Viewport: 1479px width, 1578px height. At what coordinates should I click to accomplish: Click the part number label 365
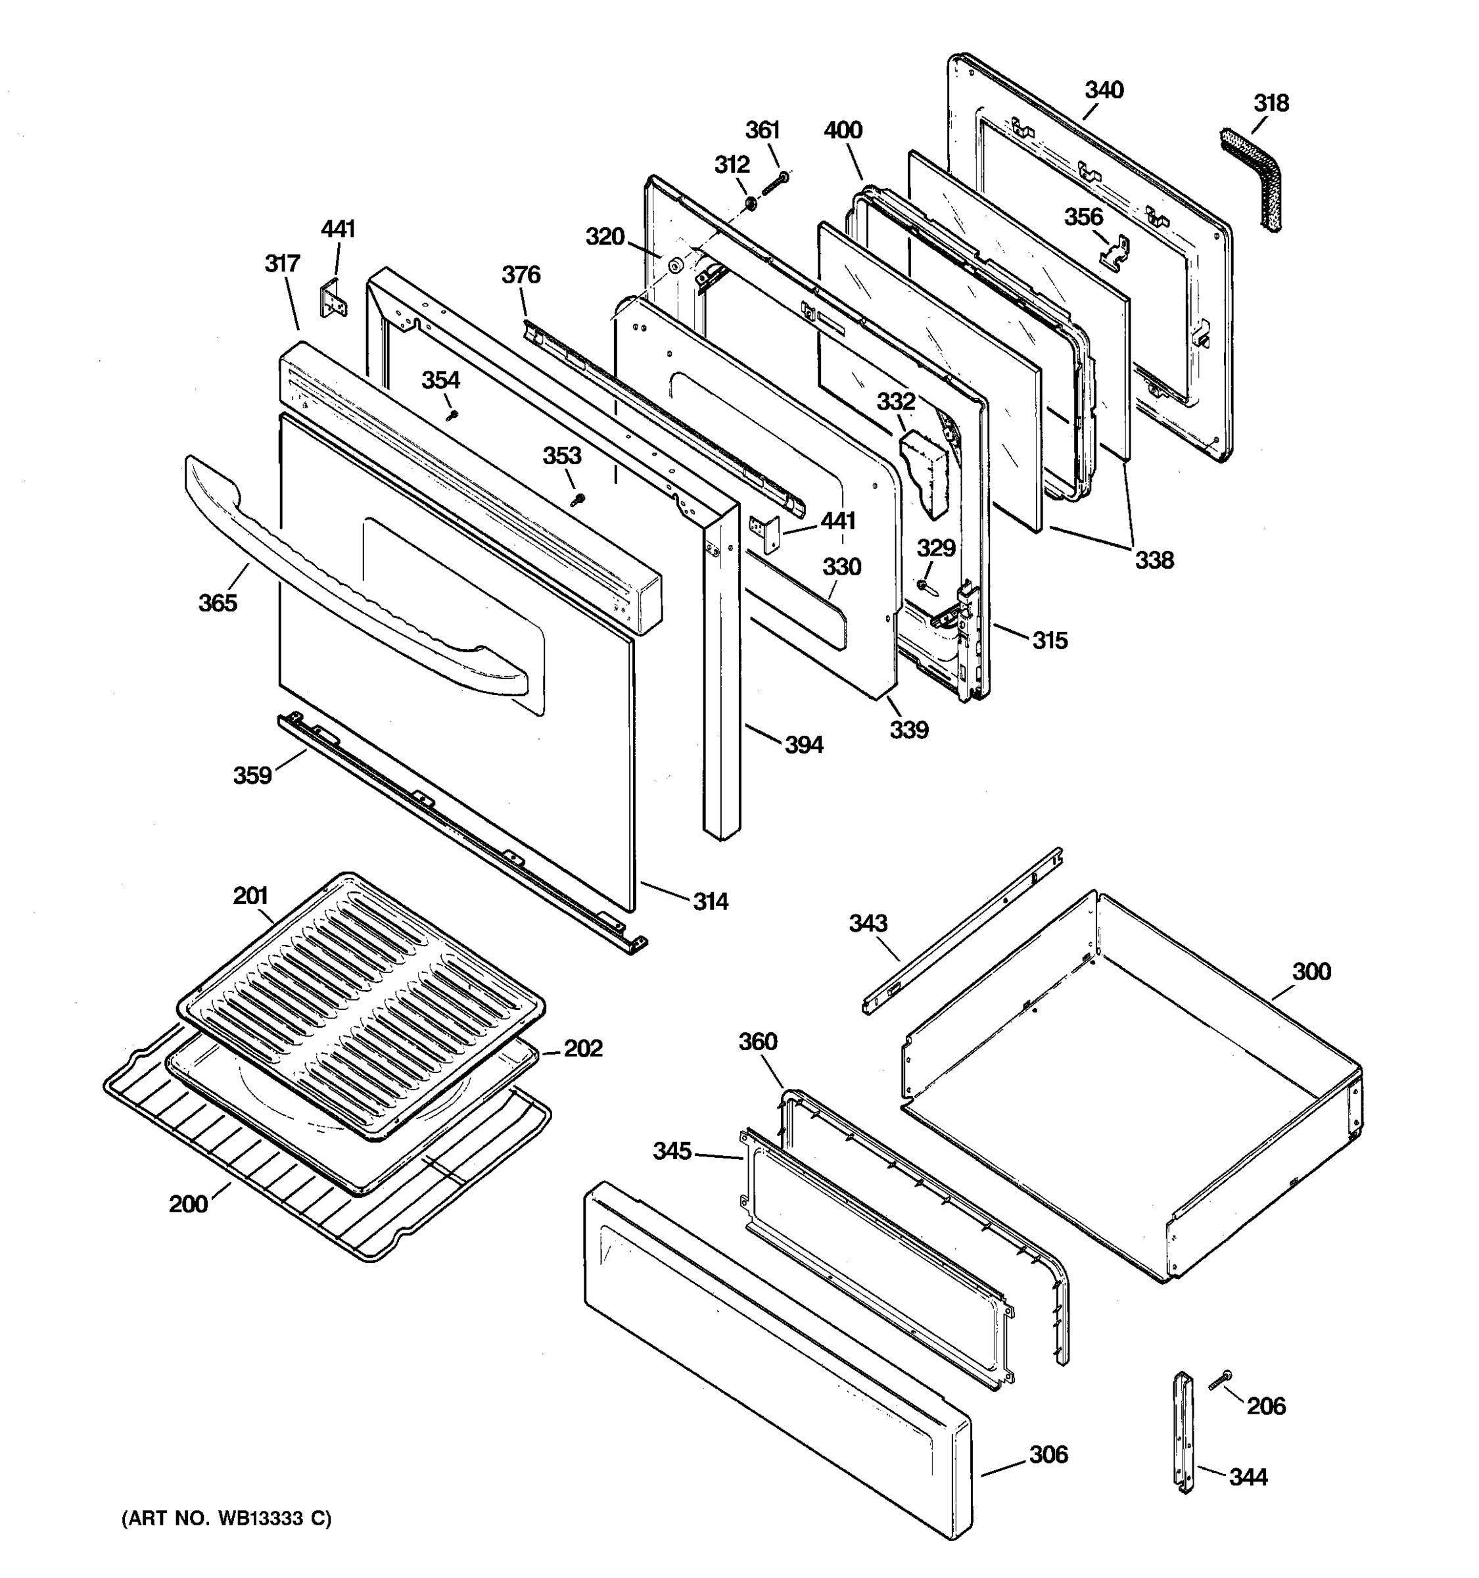(218, 604)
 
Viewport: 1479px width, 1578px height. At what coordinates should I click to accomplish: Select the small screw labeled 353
(578, 499)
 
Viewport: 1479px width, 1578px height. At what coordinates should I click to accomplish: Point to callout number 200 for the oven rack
(188, 1204)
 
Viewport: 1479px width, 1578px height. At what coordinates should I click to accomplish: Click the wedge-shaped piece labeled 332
(924, 469)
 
